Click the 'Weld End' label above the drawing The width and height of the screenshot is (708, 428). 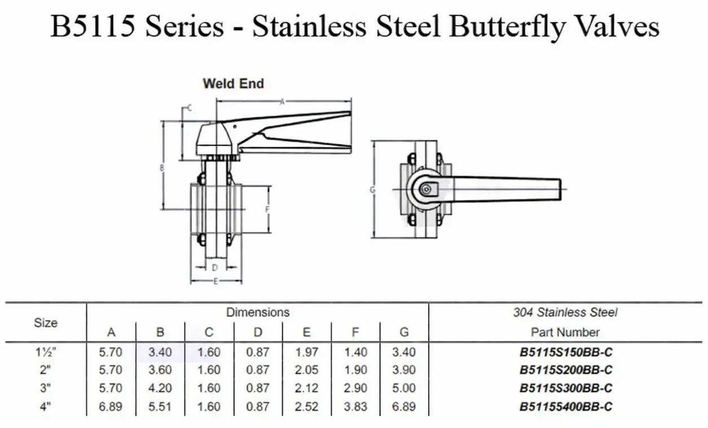(233, 84)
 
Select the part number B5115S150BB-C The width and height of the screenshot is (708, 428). (566, 352)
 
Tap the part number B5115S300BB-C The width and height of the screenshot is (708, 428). (566, 388)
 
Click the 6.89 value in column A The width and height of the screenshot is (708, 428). (111, 406)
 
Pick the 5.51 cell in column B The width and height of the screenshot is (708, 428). (160, 406)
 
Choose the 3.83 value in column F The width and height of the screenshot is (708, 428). (355, 406)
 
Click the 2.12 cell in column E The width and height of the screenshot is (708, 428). (307, 388)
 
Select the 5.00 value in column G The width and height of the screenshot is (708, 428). (404, 388)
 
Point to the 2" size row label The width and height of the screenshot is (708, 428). (46, 370)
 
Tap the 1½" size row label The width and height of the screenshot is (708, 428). (46, 352)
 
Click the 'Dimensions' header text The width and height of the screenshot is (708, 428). (257, 312)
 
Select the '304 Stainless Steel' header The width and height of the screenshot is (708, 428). (565, 312)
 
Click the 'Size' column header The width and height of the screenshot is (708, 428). (46, 323)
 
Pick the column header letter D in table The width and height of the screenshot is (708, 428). (258, 332)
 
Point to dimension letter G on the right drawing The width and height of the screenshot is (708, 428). (372, 190)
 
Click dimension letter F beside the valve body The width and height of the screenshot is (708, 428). (268, 209)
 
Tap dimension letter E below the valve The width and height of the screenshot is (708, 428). (216, 282)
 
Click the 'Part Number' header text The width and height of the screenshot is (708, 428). (565, 332)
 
